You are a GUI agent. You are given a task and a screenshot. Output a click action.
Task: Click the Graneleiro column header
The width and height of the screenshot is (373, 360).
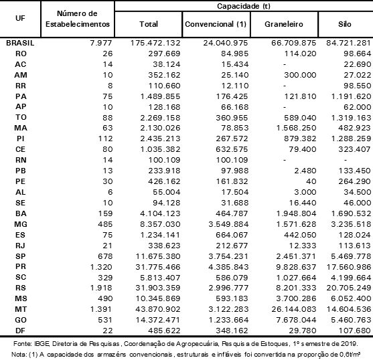tap(284, 24)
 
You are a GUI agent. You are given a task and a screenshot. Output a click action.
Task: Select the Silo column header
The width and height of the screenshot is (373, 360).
tap(345, 24)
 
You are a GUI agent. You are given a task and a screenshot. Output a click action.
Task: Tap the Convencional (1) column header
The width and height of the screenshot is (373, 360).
tap(216, 24)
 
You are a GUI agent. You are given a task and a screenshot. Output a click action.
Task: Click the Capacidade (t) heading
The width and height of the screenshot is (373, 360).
tap(244, 6)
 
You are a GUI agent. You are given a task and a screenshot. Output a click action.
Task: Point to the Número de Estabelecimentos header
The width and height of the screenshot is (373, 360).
tap(78, 19)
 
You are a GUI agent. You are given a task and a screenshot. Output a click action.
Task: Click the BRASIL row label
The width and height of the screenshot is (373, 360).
tap(20, 43)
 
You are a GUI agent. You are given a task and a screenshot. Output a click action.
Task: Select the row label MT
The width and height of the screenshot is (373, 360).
tap(21, 309)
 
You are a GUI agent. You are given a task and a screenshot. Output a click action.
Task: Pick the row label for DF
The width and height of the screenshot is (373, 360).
tap(21, 331)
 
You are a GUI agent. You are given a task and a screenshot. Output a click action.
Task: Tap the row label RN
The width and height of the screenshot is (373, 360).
tap(21, 160)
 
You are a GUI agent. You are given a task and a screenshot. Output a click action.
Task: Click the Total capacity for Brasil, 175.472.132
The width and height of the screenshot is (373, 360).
tap(155, 43)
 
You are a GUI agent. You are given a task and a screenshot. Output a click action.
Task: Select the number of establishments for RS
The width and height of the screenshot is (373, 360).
tap(101, 288)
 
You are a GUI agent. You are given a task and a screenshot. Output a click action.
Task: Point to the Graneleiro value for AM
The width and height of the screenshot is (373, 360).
tap(300, 75)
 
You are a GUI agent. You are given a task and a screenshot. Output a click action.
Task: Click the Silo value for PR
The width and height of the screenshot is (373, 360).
tap(349, 267)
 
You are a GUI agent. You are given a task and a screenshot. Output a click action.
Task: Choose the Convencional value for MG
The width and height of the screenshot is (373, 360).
tap(228, 224)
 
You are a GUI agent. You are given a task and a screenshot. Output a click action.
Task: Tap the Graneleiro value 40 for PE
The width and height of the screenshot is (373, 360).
tap(311, 181)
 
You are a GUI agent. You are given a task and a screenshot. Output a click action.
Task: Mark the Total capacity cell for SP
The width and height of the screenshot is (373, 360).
tap(158, 256)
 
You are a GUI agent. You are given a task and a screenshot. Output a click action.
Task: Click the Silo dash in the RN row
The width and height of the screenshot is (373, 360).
tap(345, 160)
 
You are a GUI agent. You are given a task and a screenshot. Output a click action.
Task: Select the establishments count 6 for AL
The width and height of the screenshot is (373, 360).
tap(110, 192)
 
